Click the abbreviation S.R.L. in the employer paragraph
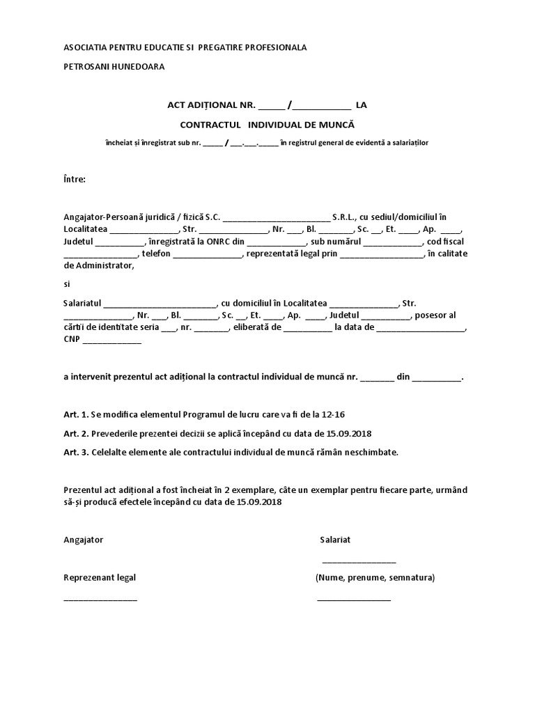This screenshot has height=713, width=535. pyautogui.click(x=345, y=217)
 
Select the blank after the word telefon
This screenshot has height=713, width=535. pyautogui.click(x=206, y=255)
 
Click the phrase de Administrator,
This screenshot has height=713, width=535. pyautogui.click(x=97, y=265)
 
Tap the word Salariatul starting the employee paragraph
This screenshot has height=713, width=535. pyautogui.click(x=83, y=303)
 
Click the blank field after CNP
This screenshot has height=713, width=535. pyautogui.click(x=112, y=341)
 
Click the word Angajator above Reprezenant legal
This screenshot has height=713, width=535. pyautogui.click(x=84, y=540)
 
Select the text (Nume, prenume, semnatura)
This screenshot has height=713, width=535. pyautogui.click(x=375, y=577)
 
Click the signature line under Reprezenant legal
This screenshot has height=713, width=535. pyautogui.click(x=100, y=598)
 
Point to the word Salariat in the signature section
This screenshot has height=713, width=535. pyautogui.click(x=335, y=540)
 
